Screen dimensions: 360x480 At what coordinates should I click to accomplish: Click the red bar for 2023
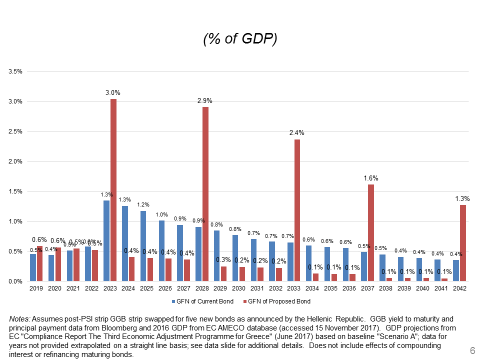[113, 190]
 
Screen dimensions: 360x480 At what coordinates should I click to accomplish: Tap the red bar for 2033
[297, 210]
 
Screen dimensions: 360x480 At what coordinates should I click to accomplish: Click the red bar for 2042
[463, 243]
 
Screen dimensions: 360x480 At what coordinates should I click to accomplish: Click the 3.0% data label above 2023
[112, 93]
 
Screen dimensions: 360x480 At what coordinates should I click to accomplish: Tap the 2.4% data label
[296, 133]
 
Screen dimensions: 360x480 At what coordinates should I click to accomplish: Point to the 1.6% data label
[371, 178]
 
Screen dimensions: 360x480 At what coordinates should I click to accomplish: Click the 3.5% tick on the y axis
[15, 71]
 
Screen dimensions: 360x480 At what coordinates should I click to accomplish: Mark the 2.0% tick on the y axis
[15, 161]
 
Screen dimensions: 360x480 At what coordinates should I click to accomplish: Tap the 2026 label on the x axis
[165, 289]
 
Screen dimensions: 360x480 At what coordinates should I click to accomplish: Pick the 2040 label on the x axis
[423, 289]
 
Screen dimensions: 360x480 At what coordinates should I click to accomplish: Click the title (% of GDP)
[240, 39]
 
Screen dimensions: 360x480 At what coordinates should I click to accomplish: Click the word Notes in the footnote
[20, 318]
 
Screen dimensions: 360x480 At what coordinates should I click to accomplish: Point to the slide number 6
[472, 350]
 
